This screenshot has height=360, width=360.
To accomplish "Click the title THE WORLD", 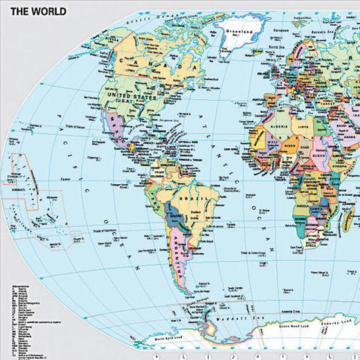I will (38, 11).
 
